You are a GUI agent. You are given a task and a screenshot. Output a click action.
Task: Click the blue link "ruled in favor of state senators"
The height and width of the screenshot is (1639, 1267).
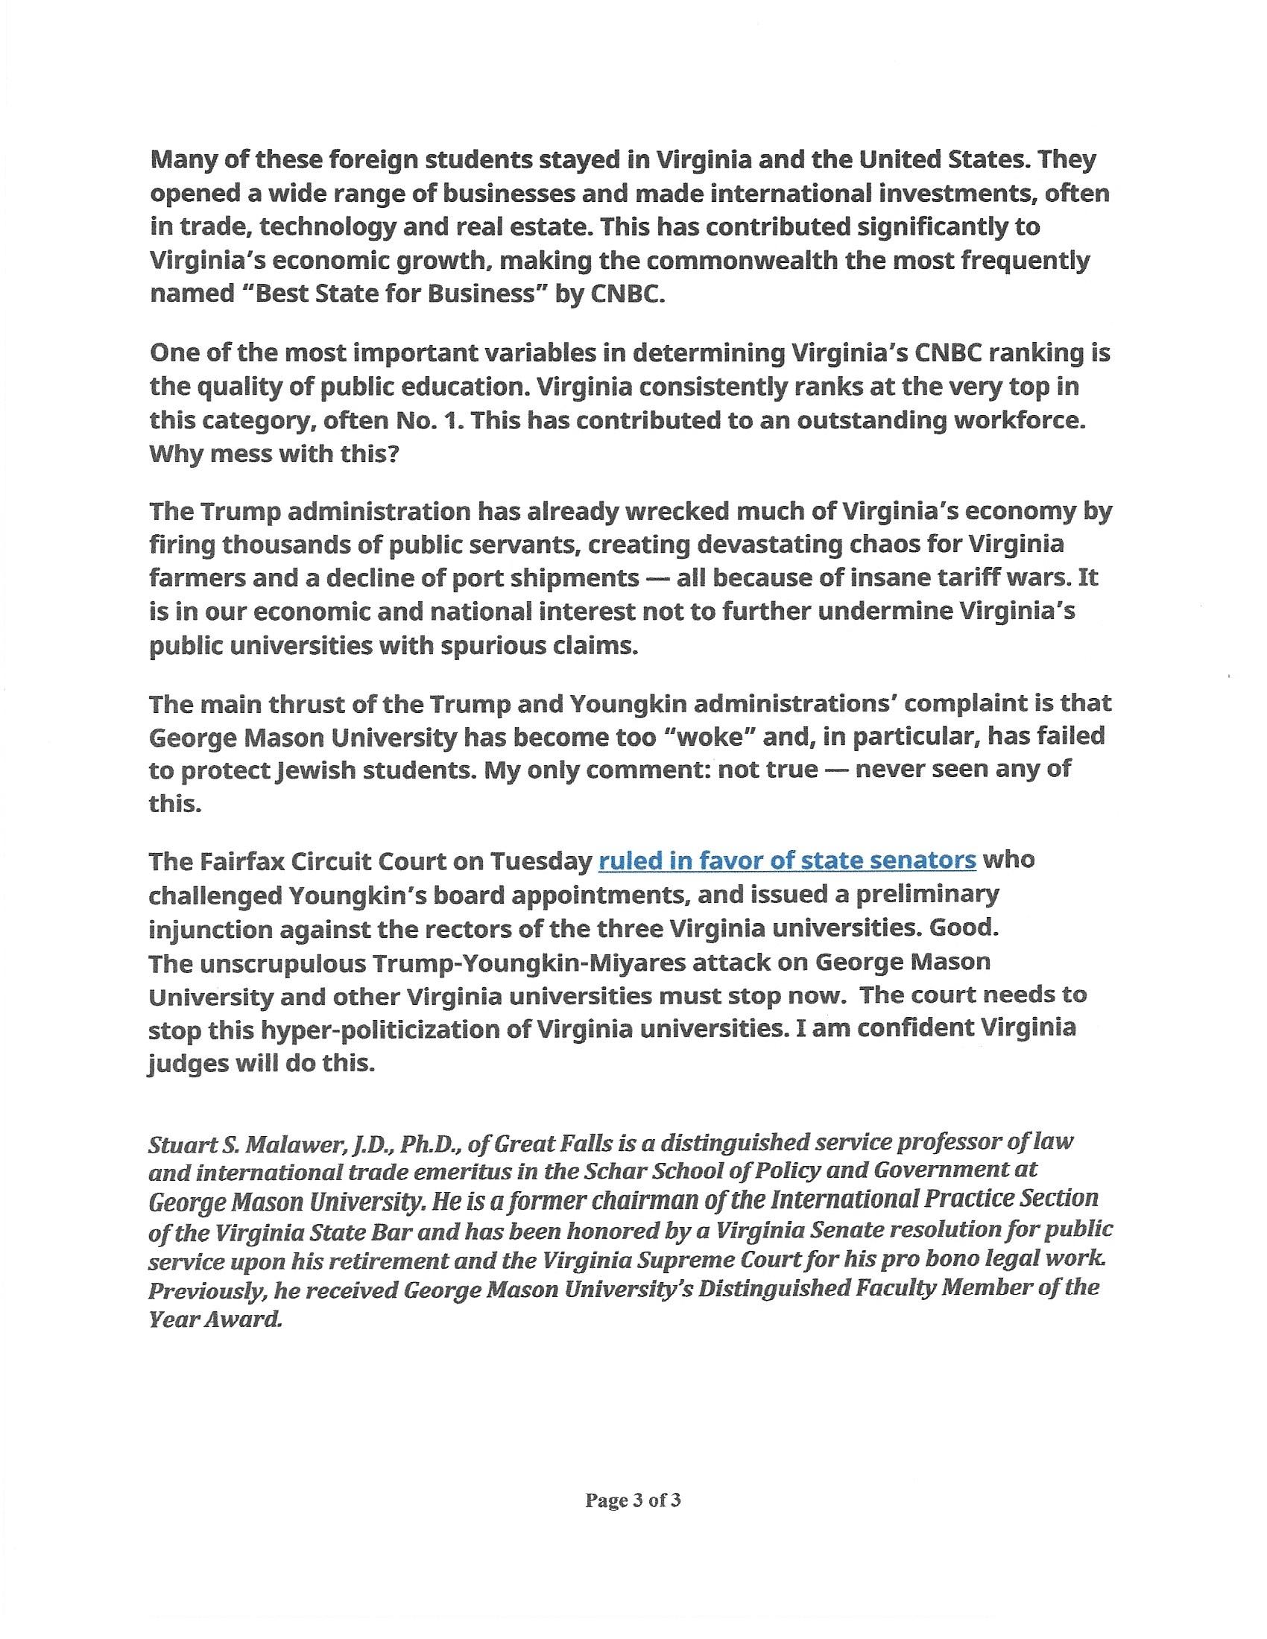[x=786, y=860]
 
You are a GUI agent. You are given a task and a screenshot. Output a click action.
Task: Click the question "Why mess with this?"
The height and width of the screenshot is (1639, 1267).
[x=275, y=454]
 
